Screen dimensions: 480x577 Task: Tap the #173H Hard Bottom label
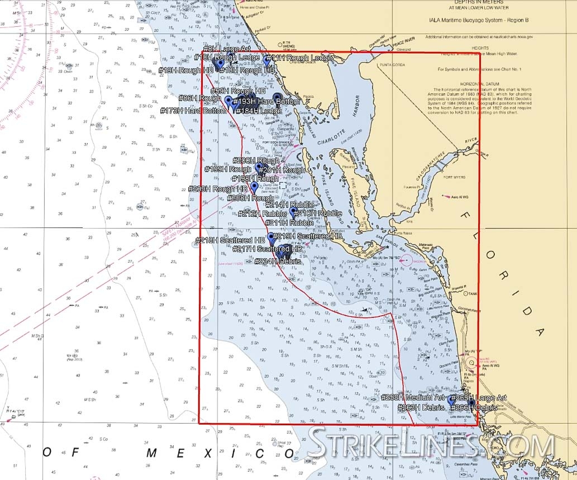193,111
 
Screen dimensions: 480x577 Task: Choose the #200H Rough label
257,161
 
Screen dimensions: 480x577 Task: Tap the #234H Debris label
278,262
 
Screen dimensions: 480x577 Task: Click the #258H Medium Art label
413,397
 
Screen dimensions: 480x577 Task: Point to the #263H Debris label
421,408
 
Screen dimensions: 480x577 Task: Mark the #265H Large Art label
479,397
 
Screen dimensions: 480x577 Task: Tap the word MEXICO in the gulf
218,453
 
